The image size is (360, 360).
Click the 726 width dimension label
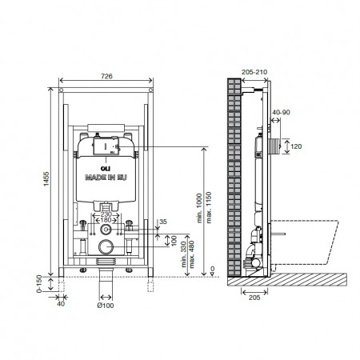tap(106, 76)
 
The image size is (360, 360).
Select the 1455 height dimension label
tap(46, 178)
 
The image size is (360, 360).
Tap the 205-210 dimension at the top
tap(254, 72)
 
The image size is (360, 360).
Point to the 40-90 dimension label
tap(281, 112)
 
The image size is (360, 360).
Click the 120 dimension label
tap(296, 146)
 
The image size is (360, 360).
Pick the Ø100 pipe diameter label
tap(106, 306)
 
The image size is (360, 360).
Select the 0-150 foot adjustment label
tap(39, 284)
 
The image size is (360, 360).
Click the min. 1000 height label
tap(199, 208)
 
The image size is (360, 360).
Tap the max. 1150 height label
tap(209, 207)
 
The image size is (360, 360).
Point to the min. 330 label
tap(183, 254)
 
